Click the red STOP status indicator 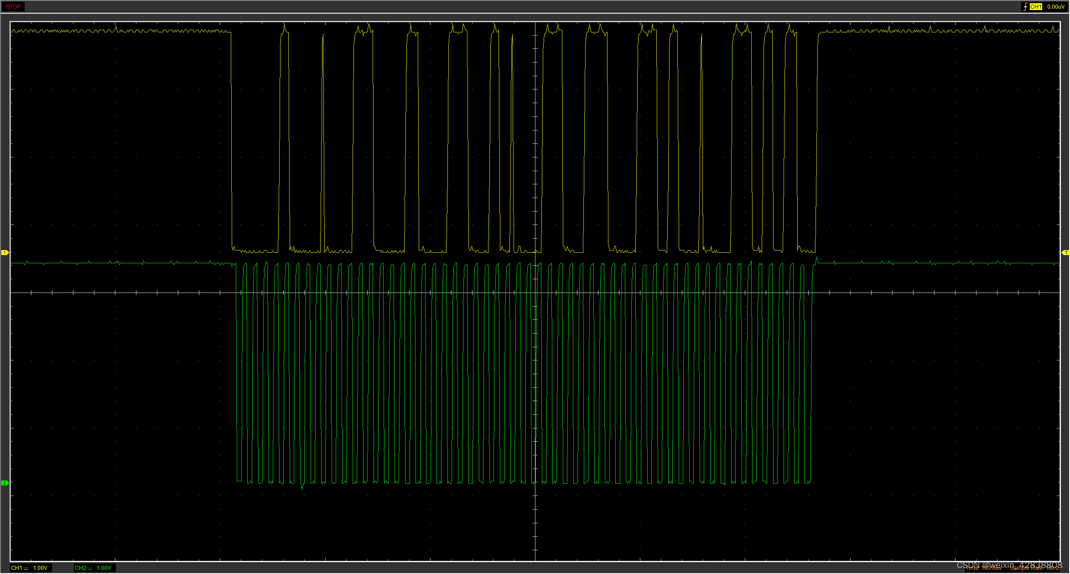tap(13, 7)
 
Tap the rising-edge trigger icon tap(1025, 7)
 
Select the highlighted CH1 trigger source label tap(1035, 7)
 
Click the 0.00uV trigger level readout tap(1055, 7)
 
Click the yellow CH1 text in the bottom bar tap(16, 568)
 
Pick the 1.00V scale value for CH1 tap(40, 568)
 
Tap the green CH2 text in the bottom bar tap(80, 568)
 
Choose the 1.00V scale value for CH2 tap(104, 568)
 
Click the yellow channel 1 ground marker tap(5, 252)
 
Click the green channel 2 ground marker tap(5, 483)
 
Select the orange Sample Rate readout tap(1034, 569)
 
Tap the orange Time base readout tap(983, 569)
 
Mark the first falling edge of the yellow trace tap(231, 137)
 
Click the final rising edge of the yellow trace tap(817, 137)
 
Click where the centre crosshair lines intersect tap(535, 292)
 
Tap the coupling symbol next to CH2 tap(90, 568)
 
